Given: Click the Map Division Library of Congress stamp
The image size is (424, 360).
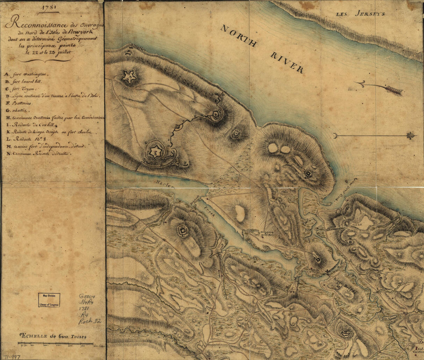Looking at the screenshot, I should (x=49, y=300).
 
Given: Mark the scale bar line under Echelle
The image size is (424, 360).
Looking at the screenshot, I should (x=56, y=343).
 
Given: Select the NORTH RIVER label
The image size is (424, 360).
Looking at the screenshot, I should (x=262, y=48).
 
